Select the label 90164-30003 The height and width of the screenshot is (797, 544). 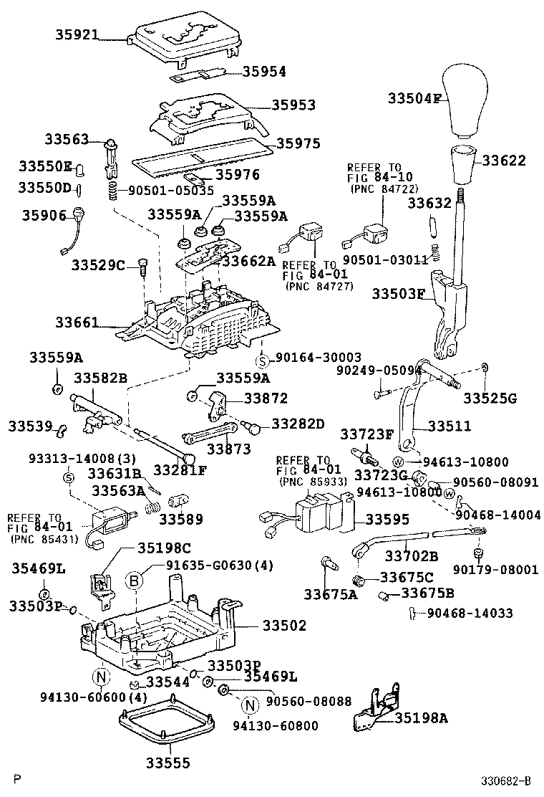(318, 357)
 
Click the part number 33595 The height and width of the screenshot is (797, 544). (392, 519)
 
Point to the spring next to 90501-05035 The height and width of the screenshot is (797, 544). (112, 191)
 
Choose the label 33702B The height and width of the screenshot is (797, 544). (411, 555)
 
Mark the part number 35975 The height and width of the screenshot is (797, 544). (298, 143)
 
